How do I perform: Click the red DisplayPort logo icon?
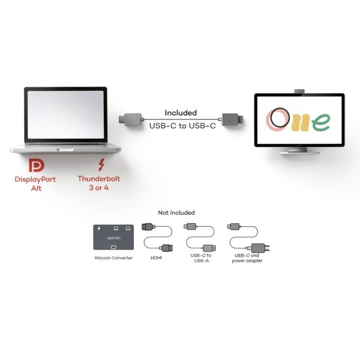[x=36, y=166]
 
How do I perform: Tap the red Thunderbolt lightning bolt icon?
[x=101, y=164]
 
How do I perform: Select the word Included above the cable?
[x=181, y=113]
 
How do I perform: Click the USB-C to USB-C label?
[x=182, y=126]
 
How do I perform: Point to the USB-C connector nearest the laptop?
[x=130, y=119]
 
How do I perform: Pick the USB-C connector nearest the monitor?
[x=232, y=119]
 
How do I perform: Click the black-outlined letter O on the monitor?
[x=280, y=118]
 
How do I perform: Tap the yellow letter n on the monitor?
[x=300, y=123]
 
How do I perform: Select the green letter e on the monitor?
[x=321, y=122]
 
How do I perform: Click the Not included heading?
[x=176, y=213]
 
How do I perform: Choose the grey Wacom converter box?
[x=113, y=237]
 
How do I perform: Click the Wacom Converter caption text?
[x=113, y=258]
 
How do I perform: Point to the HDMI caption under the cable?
[x=157, y=258]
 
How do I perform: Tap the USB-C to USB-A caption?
[x=201, y=258]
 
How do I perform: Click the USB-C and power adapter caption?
[x=247, y=258]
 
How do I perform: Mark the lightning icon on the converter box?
[x=99, y=228]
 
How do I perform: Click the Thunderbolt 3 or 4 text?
[x=99, y=183]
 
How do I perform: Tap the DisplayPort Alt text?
[x=35, y=184]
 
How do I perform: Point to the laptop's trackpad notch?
[x=65, y=149]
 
